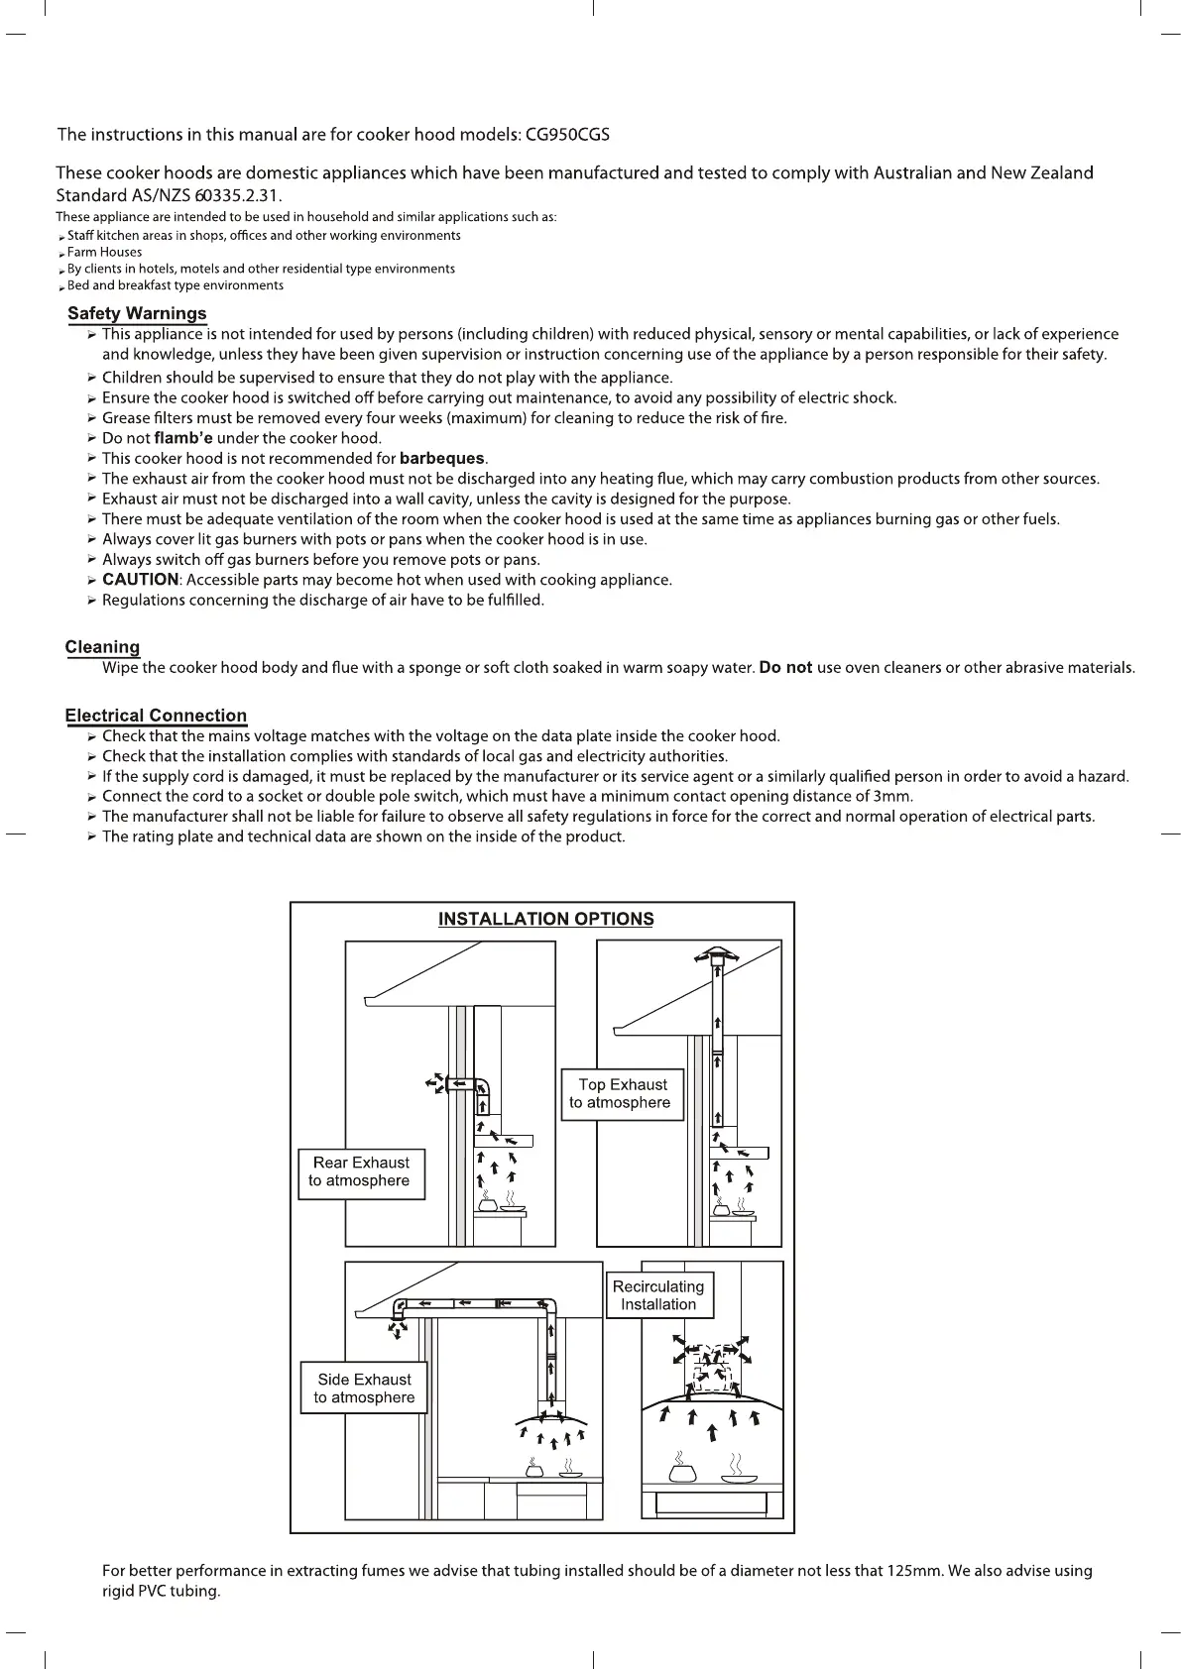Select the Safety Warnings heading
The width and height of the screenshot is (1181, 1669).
tap(137, 314)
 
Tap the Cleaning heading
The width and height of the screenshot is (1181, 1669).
tap(102, 648)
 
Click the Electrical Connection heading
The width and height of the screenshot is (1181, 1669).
tap(156, 716)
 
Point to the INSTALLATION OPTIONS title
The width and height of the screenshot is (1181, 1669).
tap(545, 919)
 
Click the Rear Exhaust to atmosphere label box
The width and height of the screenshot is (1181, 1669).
tap(361, 1172)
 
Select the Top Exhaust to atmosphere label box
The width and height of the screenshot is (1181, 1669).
tap(622, 1094)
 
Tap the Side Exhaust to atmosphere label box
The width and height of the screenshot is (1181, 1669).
tap(364, 1389)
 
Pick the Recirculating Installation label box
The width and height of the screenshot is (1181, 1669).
tap(658, 1295)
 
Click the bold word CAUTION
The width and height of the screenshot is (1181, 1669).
tap(140, 580)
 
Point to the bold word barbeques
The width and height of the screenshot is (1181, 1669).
tap(442, 459)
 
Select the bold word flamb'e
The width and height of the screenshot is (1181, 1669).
tap(183, 438)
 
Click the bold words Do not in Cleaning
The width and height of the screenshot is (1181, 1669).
tap(785, 668)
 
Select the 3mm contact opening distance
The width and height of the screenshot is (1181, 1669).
tap(892, 797)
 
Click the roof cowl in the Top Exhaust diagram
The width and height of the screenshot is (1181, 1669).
tap(717, 957)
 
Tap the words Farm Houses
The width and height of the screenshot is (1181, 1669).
tap(104, 253)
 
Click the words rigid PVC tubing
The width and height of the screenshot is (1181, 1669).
tap(161, 1592)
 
